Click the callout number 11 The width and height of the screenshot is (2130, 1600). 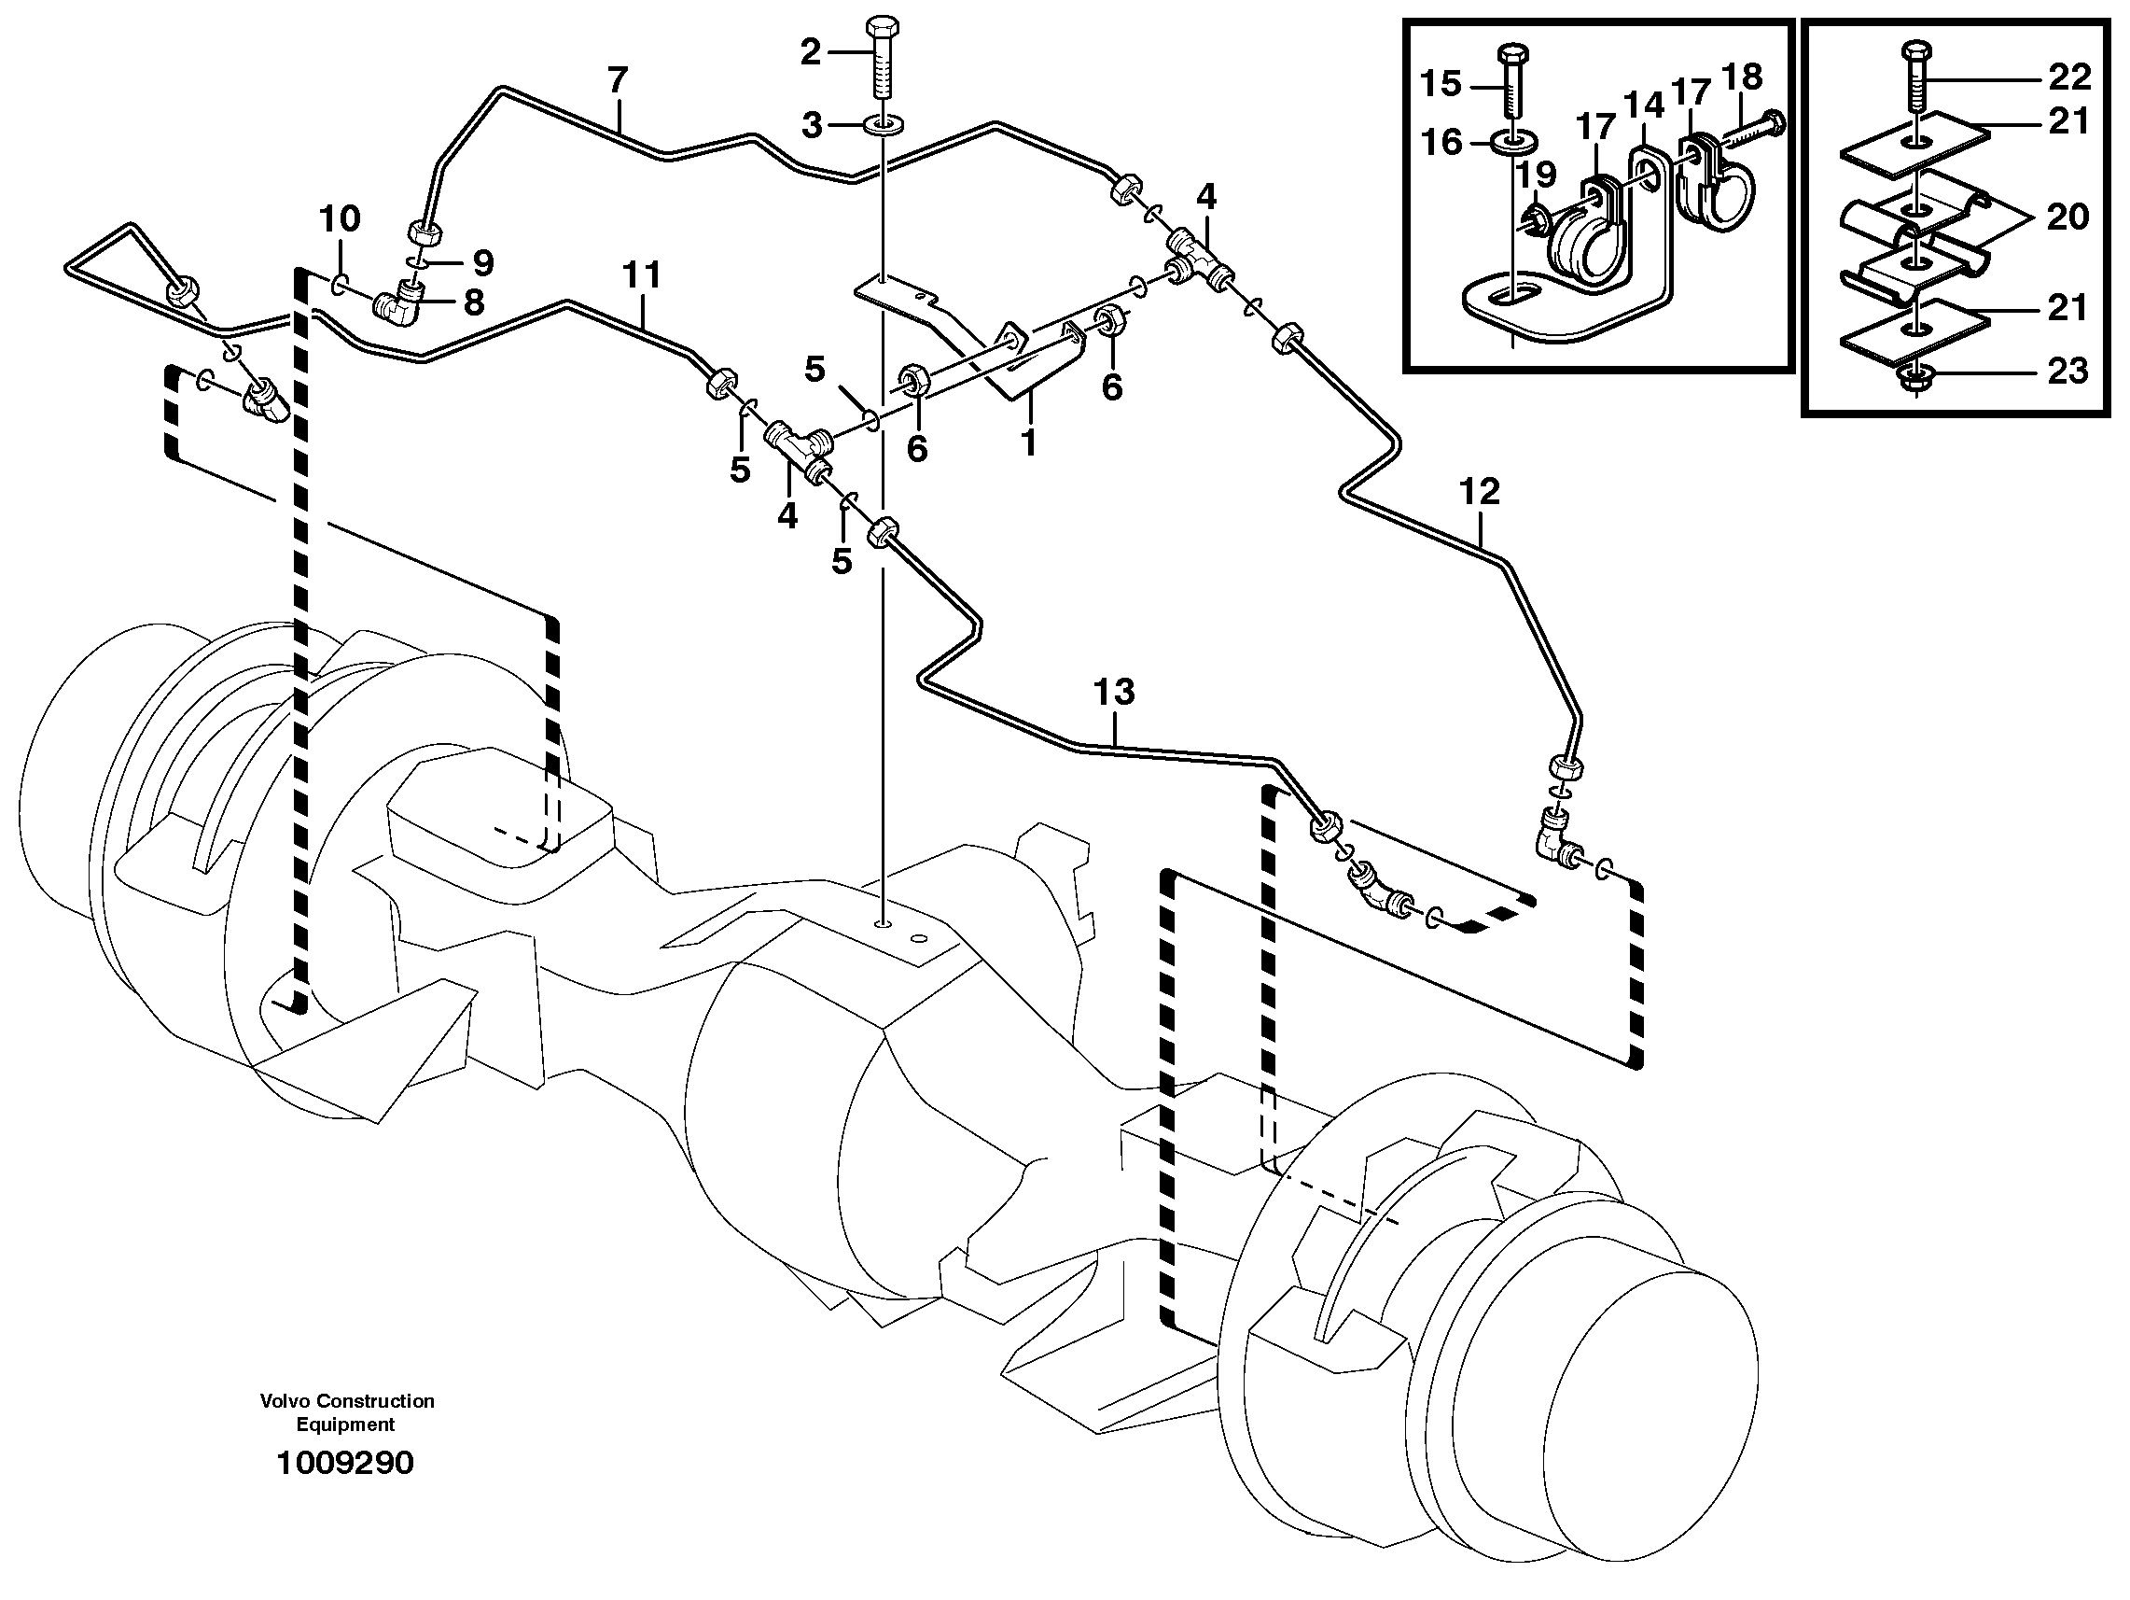click(x=641, y=275)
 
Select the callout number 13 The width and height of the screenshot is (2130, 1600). click(x=1114, y=692)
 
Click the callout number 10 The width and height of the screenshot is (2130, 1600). click(x=339, y=218)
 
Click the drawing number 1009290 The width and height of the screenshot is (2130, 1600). click(x=344, y=1462)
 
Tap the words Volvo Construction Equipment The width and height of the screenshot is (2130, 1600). click(x=347, y=1412)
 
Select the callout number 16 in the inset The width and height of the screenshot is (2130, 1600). click(x=1442, y=143)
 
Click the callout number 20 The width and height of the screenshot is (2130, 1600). click(x=2067, y=217)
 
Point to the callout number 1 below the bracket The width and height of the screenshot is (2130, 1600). click(x=1028, y=442)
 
